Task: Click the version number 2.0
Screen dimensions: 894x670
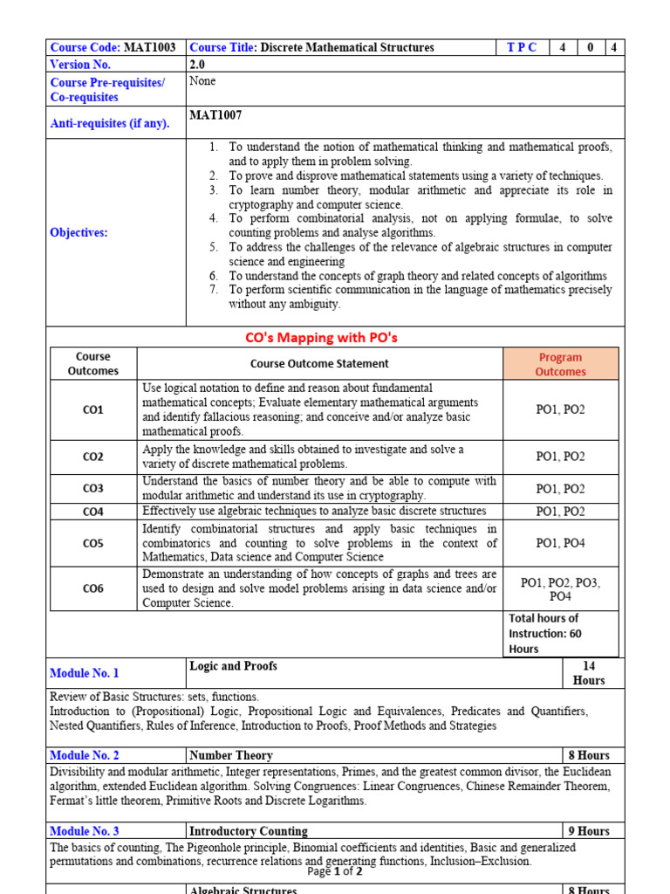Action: coord(198,65)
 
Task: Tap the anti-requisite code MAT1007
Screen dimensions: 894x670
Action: coord(215,114)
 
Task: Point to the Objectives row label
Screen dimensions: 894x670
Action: coord(79,232)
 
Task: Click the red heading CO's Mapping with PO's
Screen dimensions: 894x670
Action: coord(335,337)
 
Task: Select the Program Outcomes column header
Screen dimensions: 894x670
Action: coord(560,364)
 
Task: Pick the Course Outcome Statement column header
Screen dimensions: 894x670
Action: coord(319,363)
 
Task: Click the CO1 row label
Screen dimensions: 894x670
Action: coord(93,409)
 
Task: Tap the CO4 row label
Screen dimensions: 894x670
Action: coord(93,512)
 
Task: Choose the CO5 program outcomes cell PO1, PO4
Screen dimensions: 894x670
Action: coord(560,543)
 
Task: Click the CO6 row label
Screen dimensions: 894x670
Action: coord(93,588)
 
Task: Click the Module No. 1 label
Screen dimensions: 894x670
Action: coord(85,673)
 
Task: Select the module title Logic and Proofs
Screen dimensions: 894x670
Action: coord(233,666)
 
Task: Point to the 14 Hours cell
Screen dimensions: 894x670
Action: coord(589,673)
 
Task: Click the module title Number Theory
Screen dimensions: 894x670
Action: coord(231,755)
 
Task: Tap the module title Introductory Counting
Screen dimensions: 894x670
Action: coord(249,831)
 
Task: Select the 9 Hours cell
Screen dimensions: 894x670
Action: coord(589,831)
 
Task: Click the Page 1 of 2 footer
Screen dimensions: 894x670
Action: coord(335,871)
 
